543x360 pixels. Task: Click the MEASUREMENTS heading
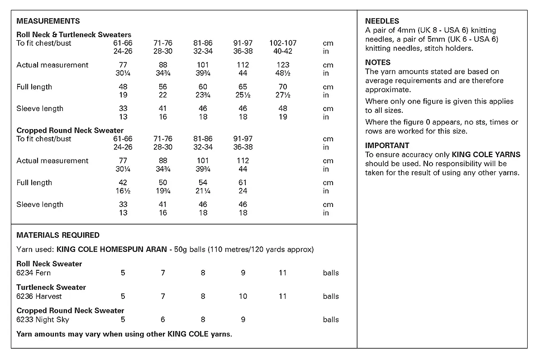click(x=48, y=21)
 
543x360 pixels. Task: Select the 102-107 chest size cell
click(x=283, y=43)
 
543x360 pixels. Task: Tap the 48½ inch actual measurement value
click(x=283, y=73)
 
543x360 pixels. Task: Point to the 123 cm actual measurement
click(x=283, y=65)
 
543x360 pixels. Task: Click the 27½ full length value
click(x=283, y=95)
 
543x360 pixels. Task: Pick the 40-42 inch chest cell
click(x=283, y=52)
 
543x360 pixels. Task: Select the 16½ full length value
click(x=123, y=191)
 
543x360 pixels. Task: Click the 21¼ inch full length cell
click(x=203, y=191)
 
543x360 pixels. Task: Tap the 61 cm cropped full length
click(x=243, y=183)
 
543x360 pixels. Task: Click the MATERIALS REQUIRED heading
click(x=58, y=235)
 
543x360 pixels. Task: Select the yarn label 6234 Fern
click(x=33, y=273)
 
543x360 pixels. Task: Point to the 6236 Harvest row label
click(x=39, y=297)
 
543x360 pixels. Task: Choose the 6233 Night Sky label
click(x=43, y=320)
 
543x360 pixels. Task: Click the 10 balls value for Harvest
click(x=243, y=297)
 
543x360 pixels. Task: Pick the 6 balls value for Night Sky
click(x=163, y=320)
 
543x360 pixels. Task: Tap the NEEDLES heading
click(x=382, y=21)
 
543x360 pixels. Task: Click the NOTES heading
click(x=378, y=62)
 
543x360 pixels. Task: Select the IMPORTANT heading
click(x=387, y=146)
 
